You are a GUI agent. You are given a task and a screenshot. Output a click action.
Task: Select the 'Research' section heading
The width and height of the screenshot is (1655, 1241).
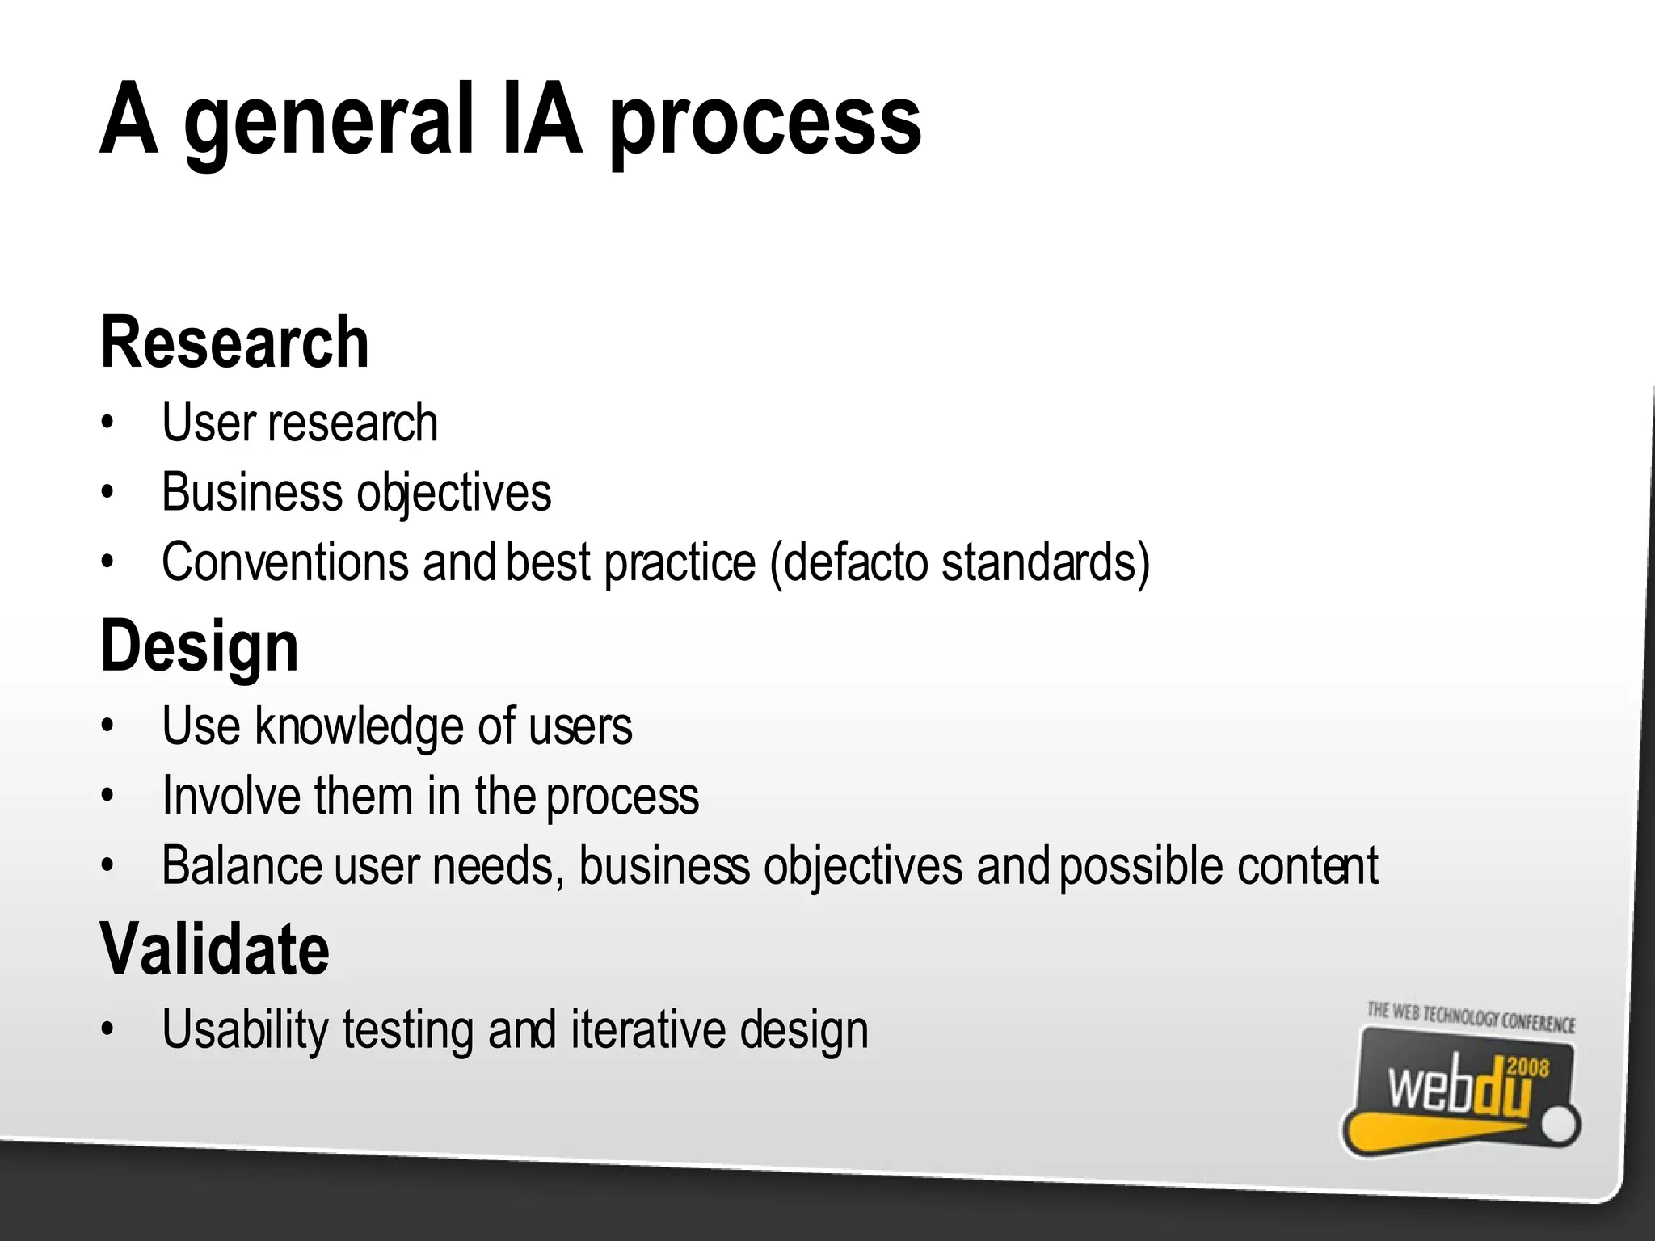pos(234,343)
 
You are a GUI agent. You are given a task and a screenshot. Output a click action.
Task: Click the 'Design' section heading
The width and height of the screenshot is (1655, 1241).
pos(200,646)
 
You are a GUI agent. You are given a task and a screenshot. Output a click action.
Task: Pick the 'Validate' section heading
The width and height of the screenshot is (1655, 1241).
pos(215,949)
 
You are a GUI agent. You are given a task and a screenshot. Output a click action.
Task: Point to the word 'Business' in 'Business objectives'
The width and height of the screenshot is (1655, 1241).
pos(251,492)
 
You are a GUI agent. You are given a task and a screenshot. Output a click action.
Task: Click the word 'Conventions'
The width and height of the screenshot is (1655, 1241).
pos(284,562)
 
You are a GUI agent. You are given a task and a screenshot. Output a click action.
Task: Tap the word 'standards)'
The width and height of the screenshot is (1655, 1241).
pos(1046,562)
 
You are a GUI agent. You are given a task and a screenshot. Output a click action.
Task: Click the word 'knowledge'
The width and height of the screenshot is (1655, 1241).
pos(359,726)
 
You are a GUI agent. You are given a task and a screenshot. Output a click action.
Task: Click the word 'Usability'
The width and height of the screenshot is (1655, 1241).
pos(246,1030)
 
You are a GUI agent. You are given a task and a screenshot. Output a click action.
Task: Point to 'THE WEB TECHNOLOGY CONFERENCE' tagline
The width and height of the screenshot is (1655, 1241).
pos(1471,1018)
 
